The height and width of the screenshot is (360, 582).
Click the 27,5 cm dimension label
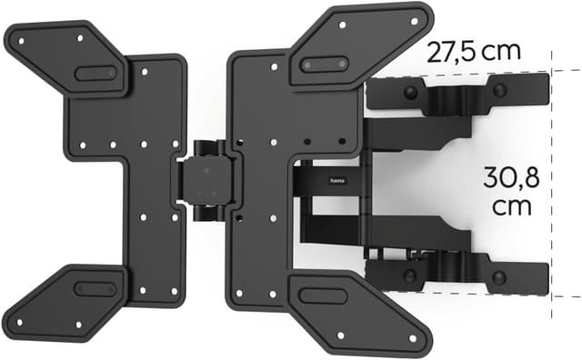[474, 51]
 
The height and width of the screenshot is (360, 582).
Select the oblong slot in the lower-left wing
[94, 288]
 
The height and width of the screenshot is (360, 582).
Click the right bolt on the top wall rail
[500, 89]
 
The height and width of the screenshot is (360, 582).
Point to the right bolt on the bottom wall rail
[500, 275]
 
